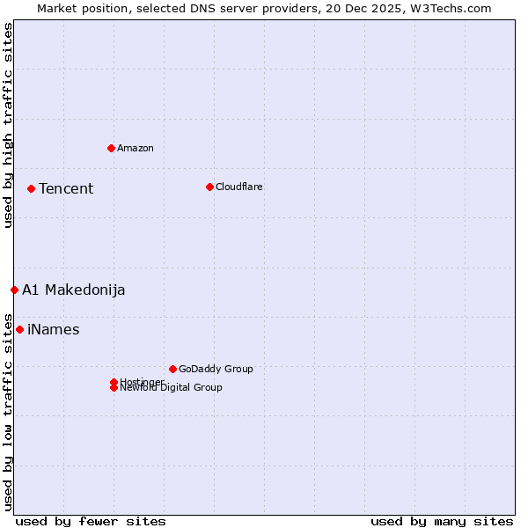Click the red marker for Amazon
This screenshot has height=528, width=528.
(111, 148)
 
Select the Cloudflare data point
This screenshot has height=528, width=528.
(209, 187)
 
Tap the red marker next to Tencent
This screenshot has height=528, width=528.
(31, 188)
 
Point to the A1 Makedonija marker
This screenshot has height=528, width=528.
(14, 290)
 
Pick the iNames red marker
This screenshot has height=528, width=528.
(19, 329)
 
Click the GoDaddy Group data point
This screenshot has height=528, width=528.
(172, 369)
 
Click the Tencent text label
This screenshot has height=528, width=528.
(66, 188)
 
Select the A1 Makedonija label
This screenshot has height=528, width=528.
(74, 290)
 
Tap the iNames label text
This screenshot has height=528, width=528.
(54, 329)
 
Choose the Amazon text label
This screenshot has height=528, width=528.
(136, 148)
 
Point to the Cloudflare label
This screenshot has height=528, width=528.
(239, 187)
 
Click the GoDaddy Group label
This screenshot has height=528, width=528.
(216, 369)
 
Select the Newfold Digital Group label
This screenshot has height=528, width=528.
(172, 388)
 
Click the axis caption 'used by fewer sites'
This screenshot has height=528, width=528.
(91, 521)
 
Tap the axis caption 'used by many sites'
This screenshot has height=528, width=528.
(442, 521)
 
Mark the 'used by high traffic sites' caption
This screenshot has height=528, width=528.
(8, 125)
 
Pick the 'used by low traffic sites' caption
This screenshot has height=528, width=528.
(8, 412)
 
